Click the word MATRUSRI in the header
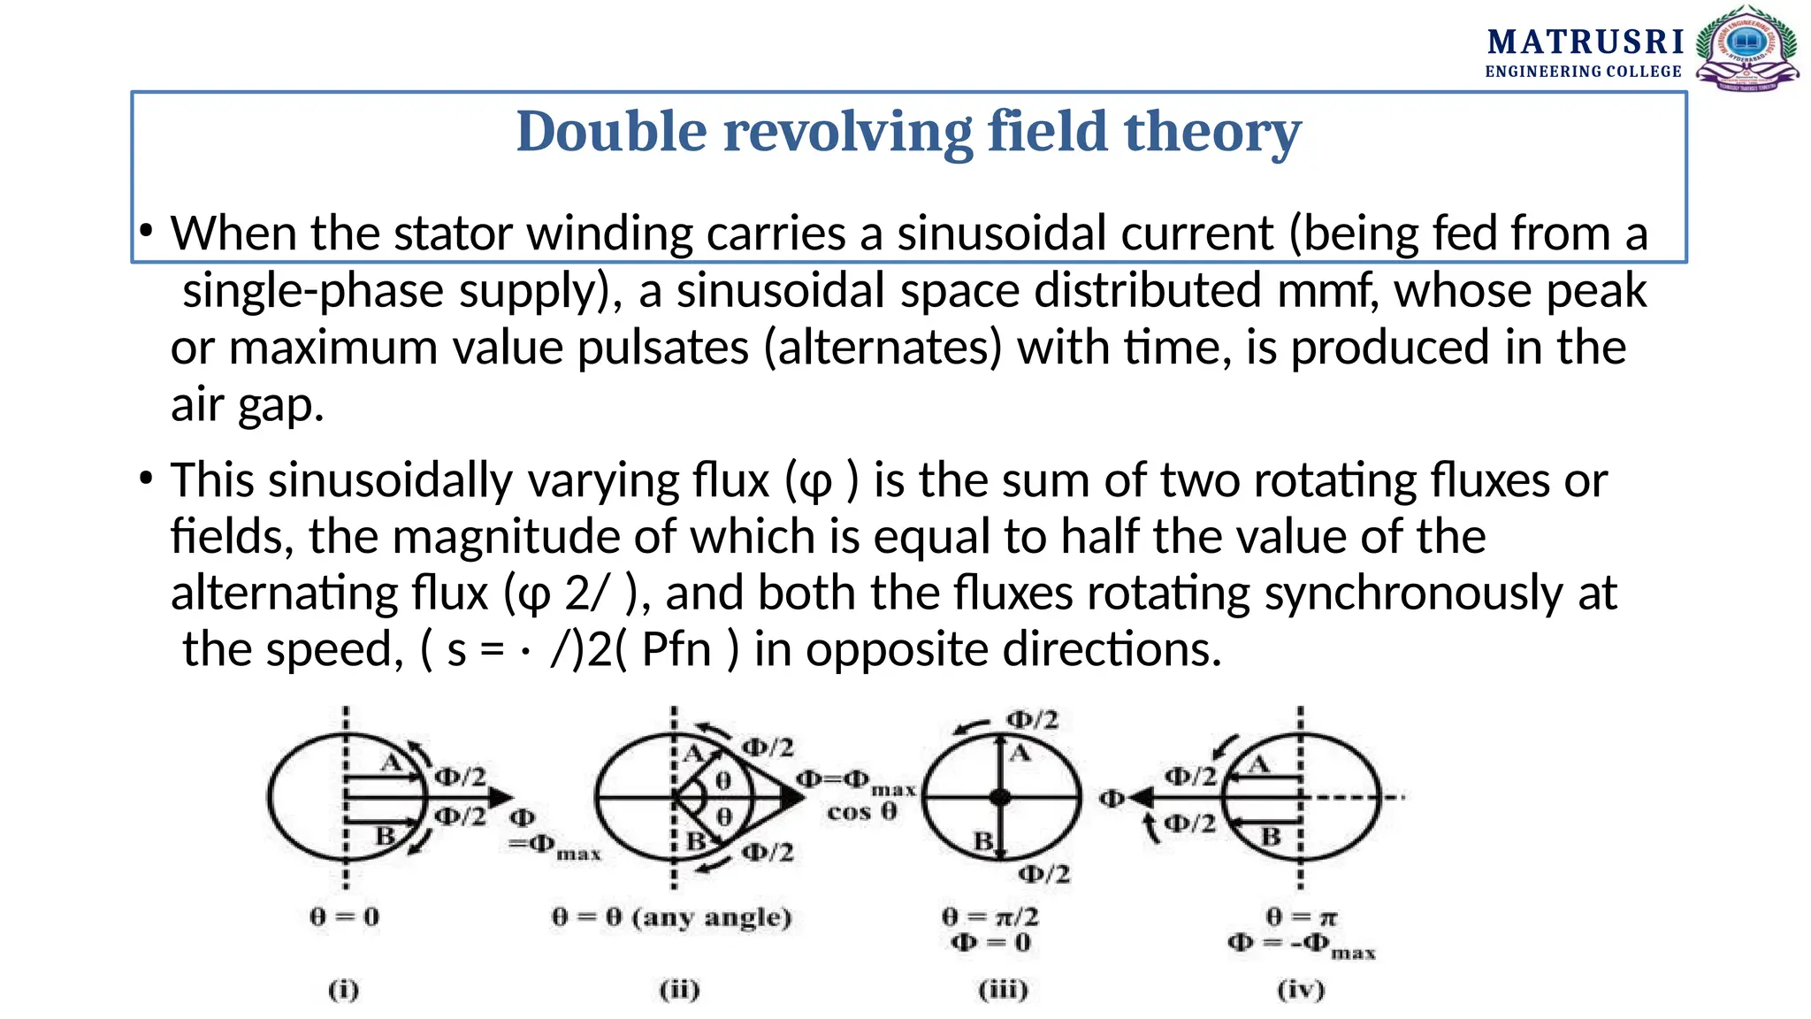coord(1585,42)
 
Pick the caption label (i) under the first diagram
coord(344,989)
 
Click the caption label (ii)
coord(679,989)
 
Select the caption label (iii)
coord(1003,989)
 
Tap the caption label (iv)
coord(1301,989)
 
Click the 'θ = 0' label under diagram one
coord(345,916)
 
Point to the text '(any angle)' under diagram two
coord(712,917)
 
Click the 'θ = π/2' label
coord(990,916)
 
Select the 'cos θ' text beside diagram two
coord(861,811)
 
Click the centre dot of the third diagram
coord(1000,797)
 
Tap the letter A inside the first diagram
coord(391,762)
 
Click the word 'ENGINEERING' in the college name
coord(1543,72)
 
